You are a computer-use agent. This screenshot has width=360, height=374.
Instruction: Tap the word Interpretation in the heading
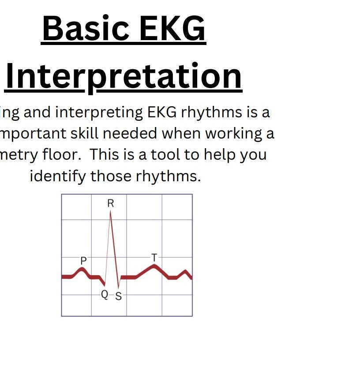124,76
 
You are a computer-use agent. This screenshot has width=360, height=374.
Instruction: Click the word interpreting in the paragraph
100,113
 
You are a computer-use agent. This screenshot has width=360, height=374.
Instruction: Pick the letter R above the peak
111,203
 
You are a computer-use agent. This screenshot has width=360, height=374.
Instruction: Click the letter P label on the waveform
83,261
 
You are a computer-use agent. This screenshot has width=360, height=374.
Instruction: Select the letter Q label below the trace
105,295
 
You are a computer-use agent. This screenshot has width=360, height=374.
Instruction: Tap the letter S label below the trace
118,296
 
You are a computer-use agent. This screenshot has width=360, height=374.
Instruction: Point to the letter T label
154,257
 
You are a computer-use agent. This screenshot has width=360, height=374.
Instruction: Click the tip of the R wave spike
110,212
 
